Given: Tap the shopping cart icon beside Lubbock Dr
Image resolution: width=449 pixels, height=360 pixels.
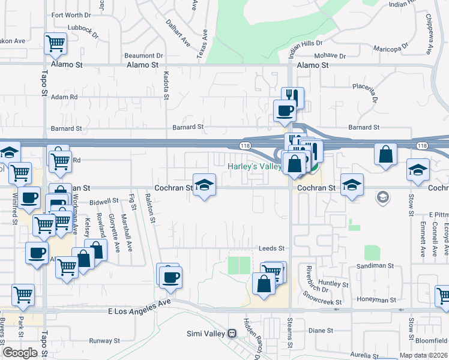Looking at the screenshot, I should click(x=55, y=43).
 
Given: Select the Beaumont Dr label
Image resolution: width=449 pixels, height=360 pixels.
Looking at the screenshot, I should click(x=143, y=55).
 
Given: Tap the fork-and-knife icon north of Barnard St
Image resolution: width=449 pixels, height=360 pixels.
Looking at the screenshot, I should click(x=292, y=97).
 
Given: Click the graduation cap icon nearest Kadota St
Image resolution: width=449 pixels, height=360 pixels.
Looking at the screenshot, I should click(x=204, y=185).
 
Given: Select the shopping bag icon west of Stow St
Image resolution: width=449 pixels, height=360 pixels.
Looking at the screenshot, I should click(x=385, y=154).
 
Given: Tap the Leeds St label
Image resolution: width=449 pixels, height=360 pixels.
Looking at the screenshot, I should click(x=271, y=248).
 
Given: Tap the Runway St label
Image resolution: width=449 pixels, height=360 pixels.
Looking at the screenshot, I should click(x=104, y=340).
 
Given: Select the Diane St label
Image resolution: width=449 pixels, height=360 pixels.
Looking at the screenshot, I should click(x=321, y=330).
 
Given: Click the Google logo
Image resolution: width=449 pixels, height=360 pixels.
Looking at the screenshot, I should click(x=19, y=353).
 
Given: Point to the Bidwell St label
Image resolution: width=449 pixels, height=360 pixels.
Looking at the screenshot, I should click(x=104, y=201).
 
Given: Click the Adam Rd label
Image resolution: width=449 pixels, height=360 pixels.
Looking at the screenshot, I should click(x=64, y=97).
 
